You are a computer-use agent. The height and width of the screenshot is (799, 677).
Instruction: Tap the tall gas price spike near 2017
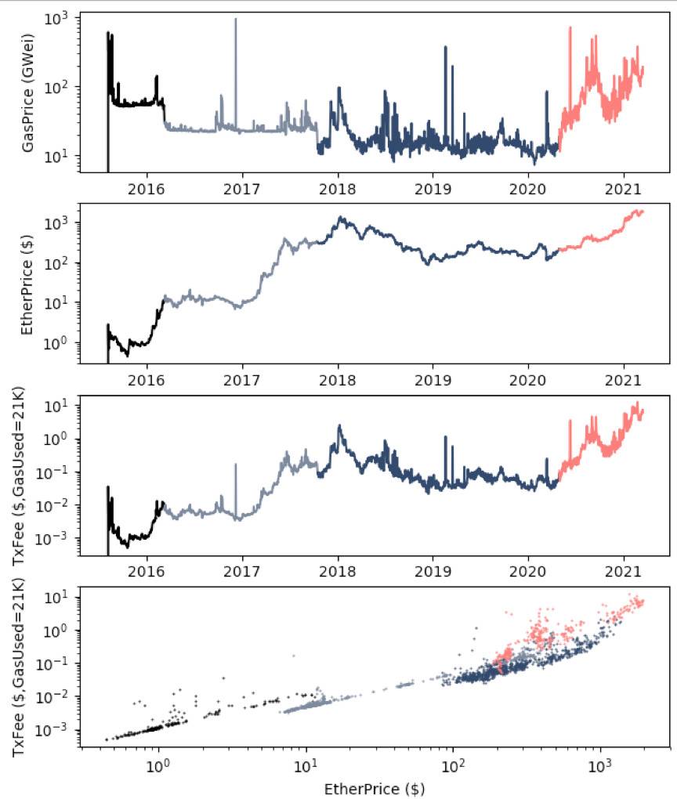[236, 20]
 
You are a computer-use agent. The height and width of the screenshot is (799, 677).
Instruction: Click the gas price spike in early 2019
[446, 47]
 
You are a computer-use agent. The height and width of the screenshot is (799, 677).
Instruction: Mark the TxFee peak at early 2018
[339, 426]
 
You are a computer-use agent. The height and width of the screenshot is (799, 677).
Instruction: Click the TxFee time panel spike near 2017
[236, 465]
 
